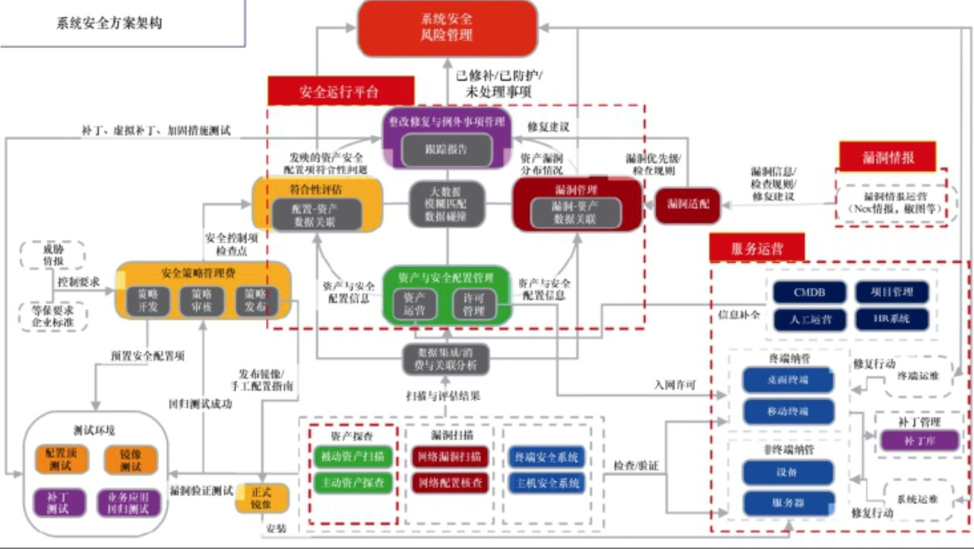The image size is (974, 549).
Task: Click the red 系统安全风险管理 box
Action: [x=447, y=28]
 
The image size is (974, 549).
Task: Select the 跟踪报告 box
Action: [x=446, y=149]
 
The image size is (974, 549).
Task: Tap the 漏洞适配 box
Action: [x=688, y=204]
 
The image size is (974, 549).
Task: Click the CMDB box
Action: [x=809, y=292]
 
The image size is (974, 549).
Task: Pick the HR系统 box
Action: [x=892, y=318]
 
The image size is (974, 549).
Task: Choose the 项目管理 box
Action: [x=892, y=292]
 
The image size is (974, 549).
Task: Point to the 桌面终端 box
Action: [x=788, y=379]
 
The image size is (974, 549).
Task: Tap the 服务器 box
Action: [x=788, y=503]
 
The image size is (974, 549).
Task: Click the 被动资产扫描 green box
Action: [x=352, y=456]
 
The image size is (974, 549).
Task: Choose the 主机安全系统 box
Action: [x=547, y=482]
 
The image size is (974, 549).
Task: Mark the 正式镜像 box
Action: [x=262, y=497]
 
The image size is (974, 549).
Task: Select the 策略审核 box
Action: [x=201, y=301]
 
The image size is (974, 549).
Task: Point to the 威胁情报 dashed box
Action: [x=53, y=255]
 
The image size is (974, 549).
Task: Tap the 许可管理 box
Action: [x=473, y=304]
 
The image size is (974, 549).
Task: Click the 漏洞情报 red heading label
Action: [x=887, y=157]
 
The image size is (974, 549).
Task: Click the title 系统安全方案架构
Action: [x=109, y=23]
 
